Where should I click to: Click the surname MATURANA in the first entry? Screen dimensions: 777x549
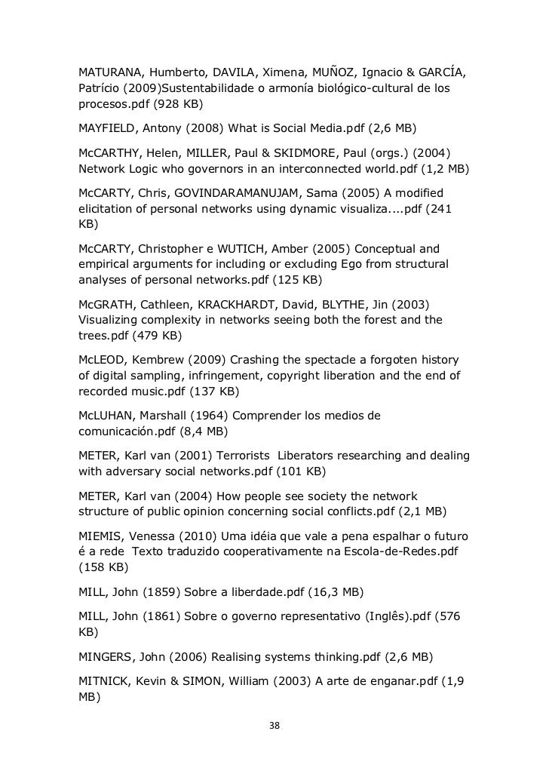111,73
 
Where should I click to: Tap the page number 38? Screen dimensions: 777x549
274,726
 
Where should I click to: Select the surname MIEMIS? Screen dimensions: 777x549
103,536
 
